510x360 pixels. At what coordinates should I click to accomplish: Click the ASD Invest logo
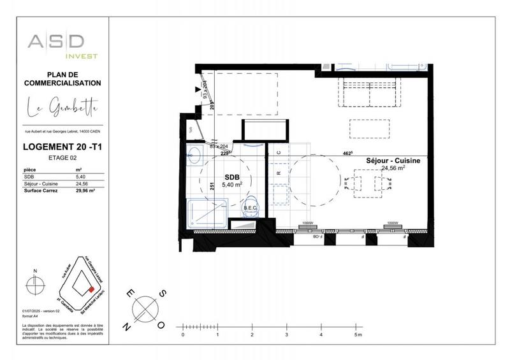point(62,46)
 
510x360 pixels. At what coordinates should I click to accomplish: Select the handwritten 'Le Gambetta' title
point(62,110)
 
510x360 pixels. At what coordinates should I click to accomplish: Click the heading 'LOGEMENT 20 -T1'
point(62,147)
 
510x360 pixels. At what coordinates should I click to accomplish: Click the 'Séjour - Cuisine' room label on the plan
point(393,161)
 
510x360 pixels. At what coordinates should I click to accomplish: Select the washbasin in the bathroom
point(193,153)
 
